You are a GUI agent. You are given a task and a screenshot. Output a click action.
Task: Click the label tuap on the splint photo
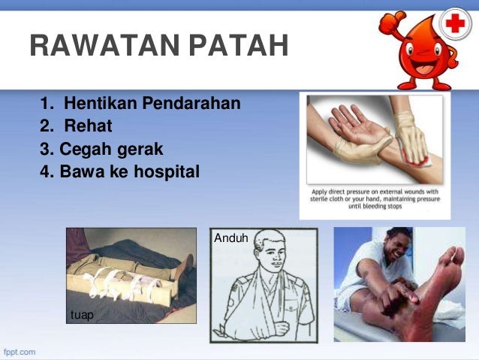point(82,315)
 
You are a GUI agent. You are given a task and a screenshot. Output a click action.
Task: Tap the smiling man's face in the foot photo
point(396,251)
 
